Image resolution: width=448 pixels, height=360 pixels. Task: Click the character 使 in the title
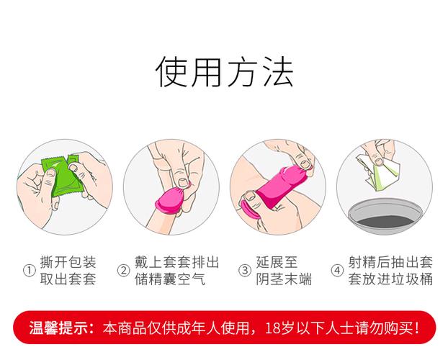(173, 72)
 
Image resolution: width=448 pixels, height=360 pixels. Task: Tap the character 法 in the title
(277, 72)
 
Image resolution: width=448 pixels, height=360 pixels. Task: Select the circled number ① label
(30, 271)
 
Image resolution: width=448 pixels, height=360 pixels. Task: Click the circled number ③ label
(244, 271)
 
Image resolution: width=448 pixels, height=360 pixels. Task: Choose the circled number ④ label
(336, 271)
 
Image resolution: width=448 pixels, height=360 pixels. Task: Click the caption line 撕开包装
(69, 262)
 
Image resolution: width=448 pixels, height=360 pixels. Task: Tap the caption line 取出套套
(69, 279)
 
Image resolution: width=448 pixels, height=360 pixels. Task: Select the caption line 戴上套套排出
(177, 262)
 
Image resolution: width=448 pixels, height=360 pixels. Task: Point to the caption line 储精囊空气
(170, 279)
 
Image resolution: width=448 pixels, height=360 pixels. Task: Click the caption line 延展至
(277, 262)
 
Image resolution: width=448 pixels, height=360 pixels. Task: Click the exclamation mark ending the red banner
(417, 329)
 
